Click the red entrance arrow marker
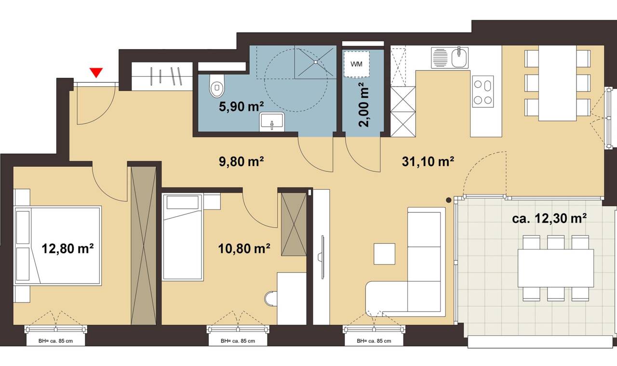pyautogui.click(x=96, y=73)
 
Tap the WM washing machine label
pyautogui.click(x=356, y=64)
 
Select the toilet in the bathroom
pyautogui.click(x=217, y=86)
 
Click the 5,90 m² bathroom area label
pyautogui.click(x=241, y=106)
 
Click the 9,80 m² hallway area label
pyautogui.click(x=241, y=161)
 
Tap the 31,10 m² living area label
pyautogui.click(x=428, y=161)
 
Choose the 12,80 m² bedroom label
pyautogui.click(x=67, y=248)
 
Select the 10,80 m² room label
pyautogui.click(x=244, y=248)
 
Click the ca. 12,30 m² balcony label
pyautogui.click(x=549, y=218)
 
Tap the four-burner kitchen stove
pyautogui.click(x=483, y=91)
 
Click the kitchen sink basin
pyautogui.click(x=459, y=58)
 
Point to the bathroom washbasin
pyautogui.click(x=272, y=122)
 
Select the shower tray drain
pyautogui.click(x=315, y=62)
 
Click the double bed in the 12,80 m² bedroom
pyautogui.click(x=58, y=246)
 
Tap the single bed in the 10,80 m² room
pyautogui.click(x=183, y=237)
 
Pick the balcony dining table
pyautogui.click(x=556, y=268)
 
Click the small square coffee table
pyautogui.click(x=384, y=254)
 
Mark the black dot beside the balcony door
pyautogui.click(x=449, y=200)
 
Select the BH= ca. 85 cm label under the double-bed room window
pyautogui.click(x=55, y=341)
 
